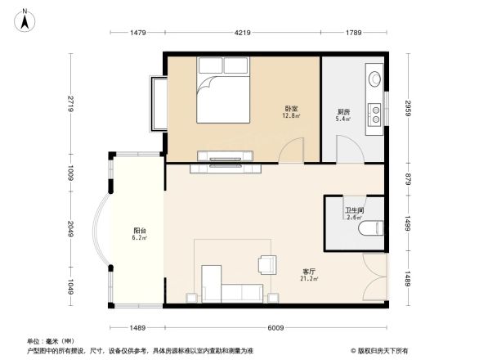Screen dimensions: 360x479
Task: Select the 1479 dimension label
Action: tap(137, 33)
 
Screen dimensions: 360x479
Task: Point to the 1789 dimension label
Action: tap(352, 33)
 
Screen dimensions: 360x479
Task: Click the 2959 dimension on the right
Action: tap(406, 108)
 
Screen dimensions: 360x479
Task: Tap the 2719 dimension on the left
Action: tap(72, 105)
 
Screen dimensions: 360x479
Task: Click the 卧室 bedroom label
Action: tap(290, 110)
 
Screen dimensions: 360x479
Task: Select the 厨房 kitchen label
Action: tap(344, 114)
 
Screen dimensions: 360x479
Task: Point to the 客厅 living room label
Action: tap(309, 272)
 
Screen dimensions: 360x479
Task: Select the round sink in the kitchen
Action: tap(375, 79)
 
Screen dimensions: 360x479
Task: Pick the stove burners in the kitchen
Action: tap(375, 111)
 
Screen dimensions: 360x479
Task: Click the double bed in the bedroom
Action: tap(223, 92)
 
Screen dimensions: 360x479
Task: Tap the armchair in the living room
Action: tap(267, 263)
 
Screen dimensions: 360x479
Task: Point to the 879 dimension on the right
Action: tap(406, 179)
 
